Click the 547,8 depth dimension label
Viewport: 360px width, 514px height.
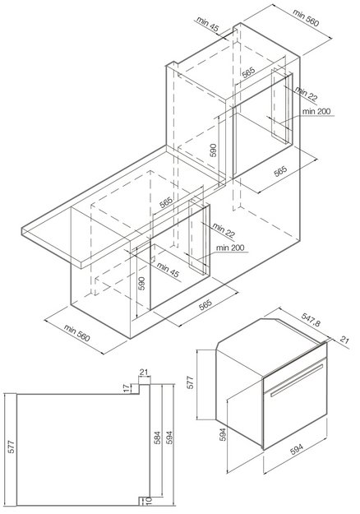click(x=312, y=319)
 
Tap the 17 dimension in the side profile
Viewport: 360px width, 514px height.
click(x=127, y=388)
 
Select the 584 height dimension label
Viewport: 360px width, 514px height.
click(x=158, y=438)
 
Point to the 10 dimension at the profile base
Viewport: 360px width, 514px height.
click(x=149, y=501)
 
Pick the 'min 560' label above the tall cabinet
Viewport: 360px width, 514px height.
click(x=306, y=17)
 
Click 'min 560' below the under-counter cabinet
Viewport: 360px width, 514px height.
click(x=76, y=333)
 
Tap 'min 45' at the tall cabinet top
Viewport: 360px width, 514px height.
click(x=207, y=24)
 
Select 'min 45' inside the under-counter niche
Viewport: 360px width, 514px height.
click(x=168, y=270)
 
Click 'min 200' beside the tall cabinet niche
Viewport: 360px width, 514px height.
click(x=316, y=112)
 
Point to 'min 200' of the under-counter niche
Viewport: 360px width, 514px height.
click(x=230, y=248)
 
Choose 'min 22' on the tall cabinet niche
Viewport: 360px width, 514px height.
click(x=307, y=94)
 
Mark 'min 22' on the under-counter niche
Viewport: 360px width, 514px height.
click(x=224, y=229)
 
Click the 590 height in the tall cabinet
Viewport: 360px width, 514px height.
click(x=213, y=150)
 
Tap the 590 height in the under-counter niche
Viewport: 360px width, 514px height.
click(x=141, y=283)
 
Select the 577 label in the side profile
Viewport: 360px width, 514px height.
click(x=12, y=447)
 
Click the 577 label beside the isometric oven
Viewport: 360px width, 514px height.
click(x=190, y=382)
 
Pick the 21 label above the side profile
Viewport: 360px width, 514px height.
click(x=144, y=372)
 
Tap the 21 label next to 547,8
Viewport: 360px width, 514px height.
click(x=344, y=340)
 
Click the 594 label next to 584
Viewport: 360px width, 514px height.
click(x=169, y=438)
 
